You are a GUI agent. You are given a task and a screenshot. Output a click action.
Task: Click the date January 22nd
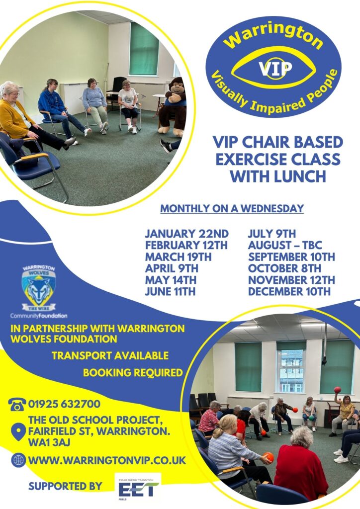click(x=186, y=234)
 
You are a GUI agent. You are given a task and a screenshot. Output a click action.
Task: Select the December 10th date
click(x=289, y=291)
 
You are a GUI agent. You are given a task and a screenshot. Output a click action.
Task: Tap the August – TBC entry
click(x=285, y=245)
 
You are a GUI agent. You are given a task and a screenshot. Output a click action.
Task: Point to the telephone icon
click(x=17, y=405)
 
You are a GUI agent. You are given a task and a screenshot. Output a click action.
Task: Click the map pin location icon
click(x=18, y=431)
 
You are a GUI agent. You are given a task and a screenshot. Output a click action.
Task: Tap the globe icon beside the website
click(x=18, y=460)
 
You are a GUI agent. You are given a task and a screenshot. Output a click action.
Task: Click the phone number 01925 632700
click(x=64, y=404)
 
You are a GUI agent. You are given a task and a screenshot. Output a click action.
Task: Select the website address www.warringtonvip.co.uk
click(x=107, y=460)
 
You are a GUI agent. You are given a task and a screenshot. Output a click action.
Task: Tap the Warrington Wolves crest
click(x=39, y=288)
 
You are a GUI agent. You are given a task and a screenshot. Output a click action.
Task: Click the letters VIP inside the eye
click(x=275, y=69)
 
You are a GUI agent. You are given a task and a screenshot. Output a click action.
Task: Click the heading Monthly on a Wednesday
click(x=232, y=208)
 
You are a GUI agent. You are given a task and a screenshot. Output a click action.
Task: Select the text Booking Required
click(x=133, y=372)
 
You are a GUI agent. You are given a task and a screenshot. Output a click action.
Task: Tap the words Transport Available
click(x=110, y=355)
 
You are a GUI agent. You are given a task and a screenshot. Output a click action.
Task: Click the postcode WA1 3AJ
click(x=49, y=442)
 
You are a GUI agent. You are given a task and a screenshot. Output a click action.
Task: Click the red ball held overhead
click(x=338, y=390)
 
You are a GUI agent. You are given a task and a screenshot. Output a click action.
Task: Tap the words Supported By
click(x=65, y=486)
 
